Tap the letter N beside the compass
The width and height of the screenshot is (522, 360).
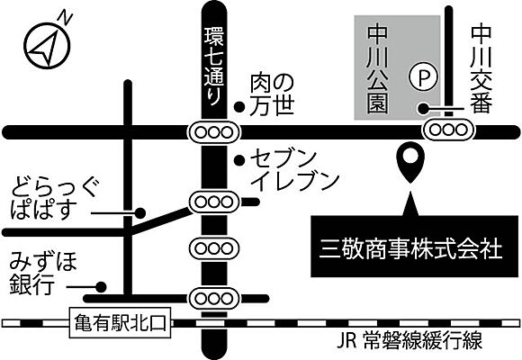[x=64, y=17]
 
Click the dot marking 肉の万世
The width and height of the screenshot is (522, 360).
[x=239, y=107]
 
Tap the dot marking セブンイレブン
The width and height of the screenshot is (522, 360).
[x=239, y=161]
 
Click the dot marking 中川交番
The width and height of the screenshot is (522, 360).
[x=427, y=108]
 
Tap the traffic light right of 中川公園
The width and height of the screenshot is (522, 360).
[x=447, y=130]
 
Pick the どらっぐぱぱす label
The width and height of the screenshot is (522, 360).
[x=54, y=202]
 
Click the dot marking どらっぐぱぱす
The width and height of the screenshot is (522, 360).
[x=139, y=213]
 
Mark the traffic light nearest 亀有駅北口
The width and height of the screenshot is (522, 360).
[x=214, y=295]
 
